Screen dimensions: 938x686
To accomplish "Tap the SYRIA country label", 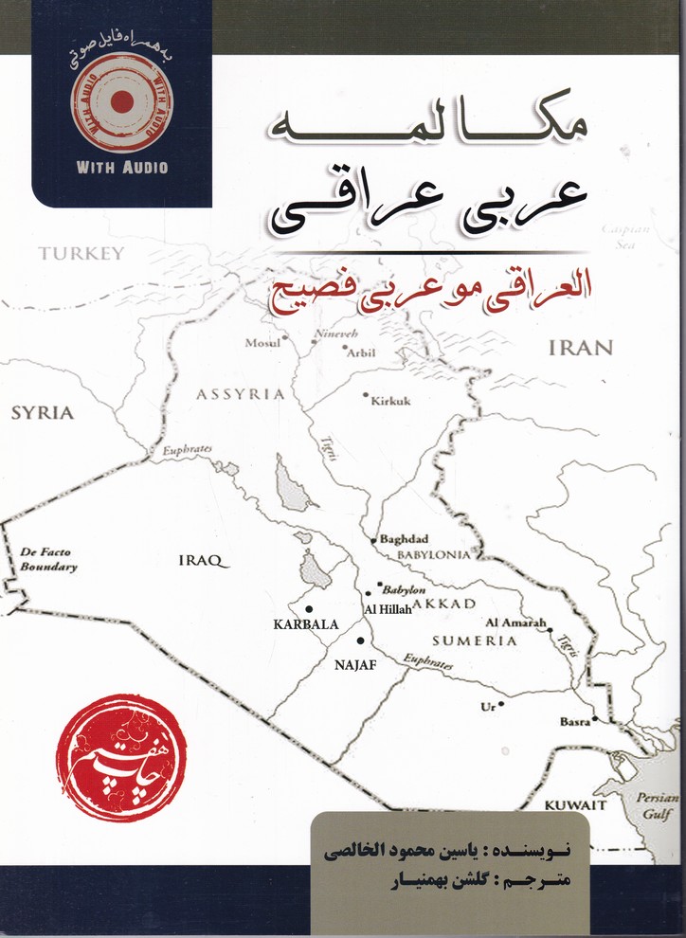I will pos(42,413).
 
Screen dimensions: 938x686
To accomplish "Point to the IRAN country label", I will pos(582,348).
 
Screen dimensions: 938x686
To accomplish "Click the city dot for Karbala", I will pos(308,608).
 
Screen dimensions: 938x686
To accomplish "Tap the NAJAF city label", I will pos(356,665).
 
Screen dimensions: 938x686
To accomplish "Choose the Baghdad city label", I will pos(405,538).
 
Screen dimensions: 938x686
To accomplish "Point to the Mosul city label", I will pos(262,343).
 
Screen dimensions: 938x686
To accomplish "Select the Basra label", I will pos(573,722).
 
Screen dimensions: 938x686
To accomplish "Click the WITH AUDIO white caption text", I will pos(120,168).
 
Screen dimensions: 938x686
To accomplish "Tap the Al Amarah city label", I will pos(515,622).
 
